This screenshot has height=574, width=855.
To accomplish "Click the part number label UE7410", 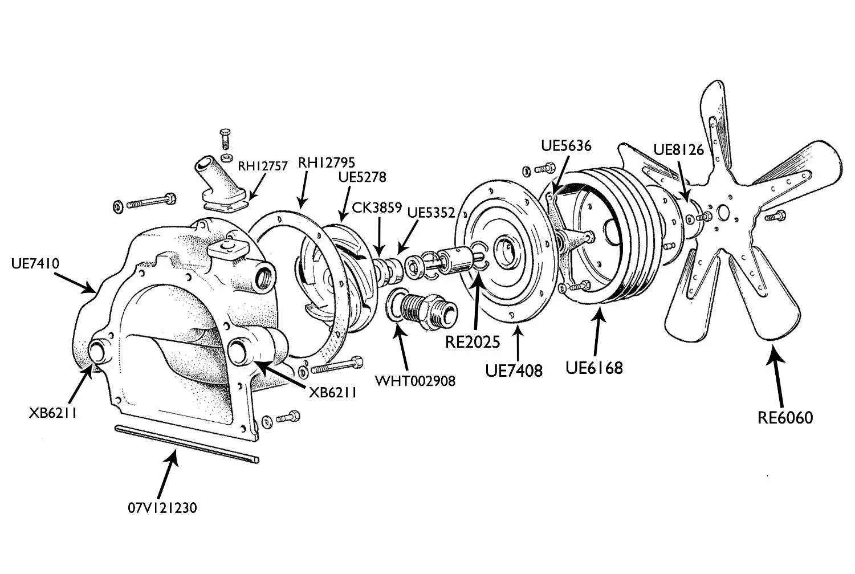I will click(35, 263).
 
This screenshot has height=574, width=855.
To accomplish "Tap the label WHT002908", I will click(415, 381).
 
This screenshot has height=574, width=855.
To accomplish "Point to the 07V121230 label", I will click(162, 507).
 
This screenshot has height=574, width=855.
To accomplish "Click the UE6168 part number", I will click(594, 368).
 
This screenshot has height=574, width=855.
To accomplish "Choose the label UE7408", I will click(514, 370).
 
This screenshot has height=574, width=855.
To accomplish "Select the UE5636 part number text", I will click(566, 146).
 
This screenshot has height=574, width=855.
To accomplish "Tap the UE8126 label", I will click(678, 149).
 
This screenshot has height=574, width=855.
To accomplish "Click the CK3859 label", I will click(377, 207).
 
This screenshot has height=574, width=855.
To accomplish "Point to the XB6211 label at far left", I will click(53, 413).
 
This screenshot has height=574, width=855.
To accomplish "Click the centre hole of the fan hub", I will click(723, 212).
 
